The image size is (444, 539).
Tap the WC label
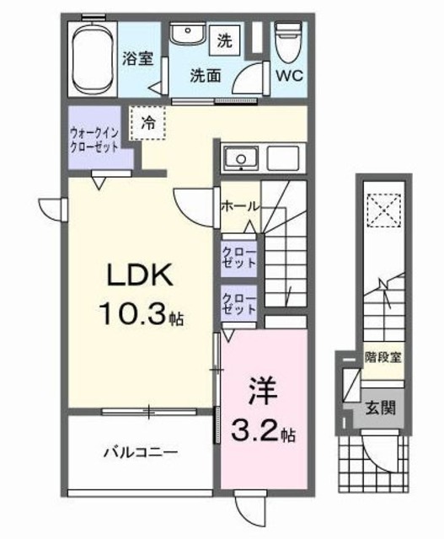288,74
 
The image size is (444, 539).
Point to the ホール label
239,205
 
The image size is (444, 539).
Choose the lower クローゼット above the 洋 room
240,305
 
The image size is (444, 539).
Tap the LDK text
140,277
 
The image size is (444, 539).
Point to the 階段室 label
382,357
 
